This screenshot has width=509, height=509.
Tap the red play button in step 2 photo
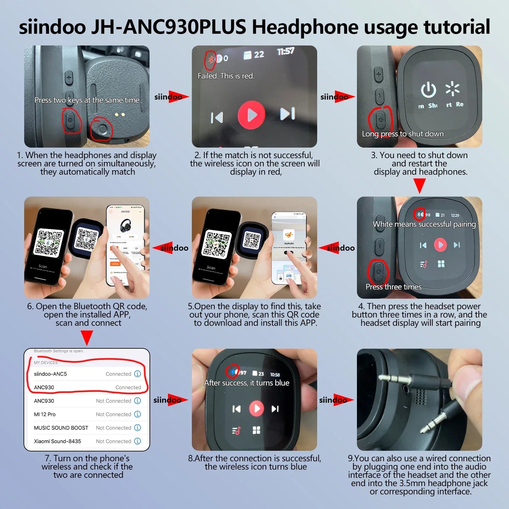(x=252, y=115)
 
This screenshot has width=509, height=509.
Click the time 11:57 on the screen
(x=286, y=51)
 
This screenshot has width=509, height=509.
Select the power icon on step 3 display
(x=429, y=90)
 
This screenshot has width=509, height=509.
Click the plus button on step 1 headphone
(x=69, y=77)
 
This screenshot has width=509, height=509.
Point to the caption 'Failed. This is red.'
(x=226, y=76)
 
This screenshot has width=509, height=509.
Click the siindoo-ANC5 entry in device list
(x=50, y=374)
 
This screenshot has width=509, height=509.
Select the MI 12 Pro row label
(x=45, y=414)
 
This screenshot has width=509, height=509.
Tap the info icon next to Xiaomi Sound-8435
(x=137, y=441)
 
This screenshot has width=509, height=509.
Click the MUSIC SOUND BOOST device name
(x=61, y=428)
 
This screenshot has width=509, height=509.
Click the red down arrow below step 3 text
(x=420, y=185)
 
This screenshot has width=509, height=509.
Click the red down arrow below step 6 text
(x=87, y=338)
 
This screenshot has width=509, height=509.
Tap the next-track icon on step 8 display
(x=275, y=409)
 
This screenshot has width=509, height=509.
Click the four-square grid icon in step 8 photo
(x=256, y=430)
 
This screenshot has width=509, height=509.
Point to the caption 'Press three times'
(x=394, y=287)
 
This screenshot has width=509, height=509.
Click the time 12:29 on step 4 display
(x=455, y=215)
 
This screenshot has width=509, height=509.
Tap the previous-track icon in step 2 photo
(x=217, y=117)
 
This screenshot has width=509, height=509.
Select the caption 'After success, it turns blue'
(x=247, y=383)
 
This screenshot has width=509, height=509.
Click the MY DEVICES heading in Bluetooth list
(x=46, y=363)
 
